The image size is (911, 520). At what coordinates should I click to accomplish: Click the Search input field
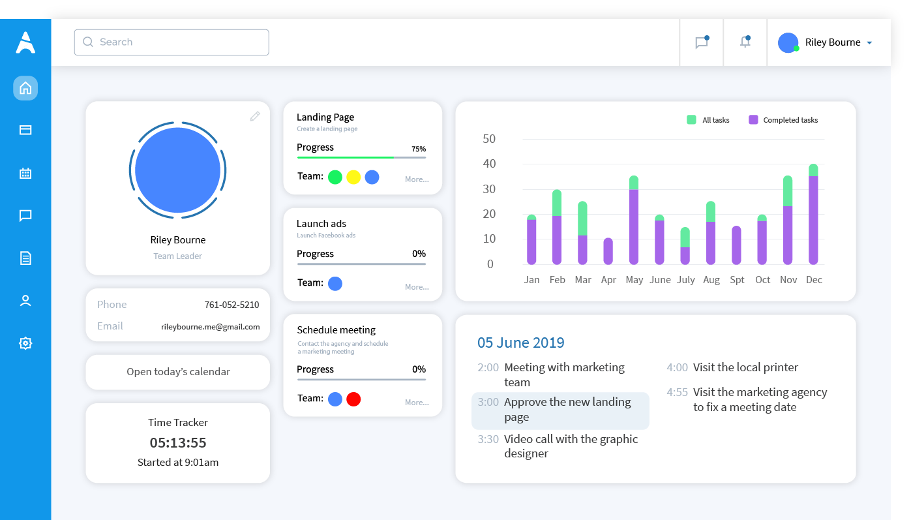click(172, 42)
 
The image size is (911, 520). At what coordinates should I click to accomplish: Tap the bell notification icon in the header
click(745, 42)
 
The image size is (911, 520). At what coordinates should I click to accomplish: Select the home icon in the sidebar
click(25, 88)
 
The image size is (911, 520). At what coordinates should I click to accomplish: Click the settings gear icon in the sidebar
click(25, 343)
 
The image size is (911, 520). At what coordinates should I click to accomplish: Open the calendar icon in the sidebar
click(25, 174)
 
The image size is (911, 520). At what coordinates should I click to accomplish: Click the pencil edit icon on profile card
click(255, 116)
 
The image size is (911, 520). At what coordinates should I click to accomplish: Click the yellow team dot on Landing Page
click(353, 177)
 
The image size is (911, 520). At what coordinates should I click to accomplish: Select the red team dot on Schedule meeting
click(353, 399)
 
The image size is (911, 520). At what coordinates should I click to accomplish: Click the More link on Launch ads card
click(417, 287)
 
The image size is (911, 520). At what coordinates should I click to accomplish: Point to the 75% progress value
click(419, 149)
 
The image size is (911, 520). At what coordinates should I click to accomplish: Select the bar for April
click(608, 251)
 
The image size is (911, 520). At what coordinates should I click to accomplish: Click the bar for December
click(813, 215)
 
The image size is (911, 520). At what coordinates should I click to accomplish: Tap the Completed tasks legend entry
click(783, 120)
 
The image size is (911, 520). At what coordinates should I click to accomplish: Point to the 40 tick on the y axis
click(489, 164)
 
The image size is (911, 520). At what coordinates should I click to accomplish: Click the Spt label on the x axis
click(737, 280)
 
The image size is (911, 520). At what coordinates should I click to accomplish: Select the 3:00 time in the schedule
click(488, 402)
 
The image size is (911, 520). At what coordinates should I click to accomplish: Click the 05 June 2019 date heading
click(520, 343)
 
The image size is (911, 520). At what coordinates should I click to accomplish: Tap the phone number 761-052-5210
click(231, 305)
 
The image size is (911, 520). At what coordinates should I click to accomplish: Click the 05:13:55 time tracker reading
click(178, 443)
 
